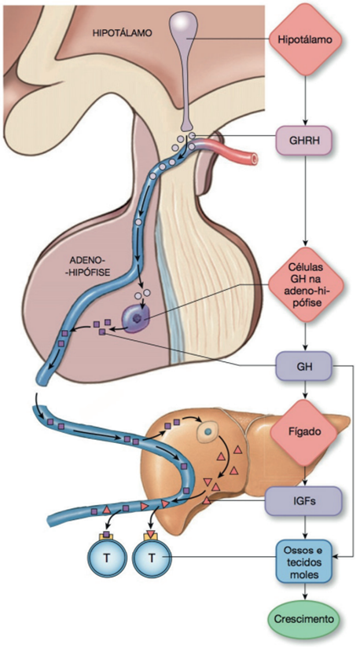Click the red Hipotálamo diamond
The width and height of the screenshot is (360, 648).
point(306,39)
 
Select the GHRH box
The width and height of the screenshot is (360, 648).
point(303,141)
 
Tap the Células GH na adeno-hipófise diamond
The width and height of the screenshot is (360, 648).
point(306,285)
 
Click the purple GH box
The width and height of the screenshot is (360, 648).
point(303,366)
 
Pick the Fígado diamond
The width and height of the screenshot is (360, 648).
point(306,433)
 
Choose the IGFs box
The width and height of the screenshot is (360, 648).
point(303,501)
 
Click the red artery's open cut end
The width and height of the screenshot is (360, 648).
point(254,158)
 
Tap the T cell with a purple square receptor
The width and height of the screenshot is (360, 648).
point(106,557)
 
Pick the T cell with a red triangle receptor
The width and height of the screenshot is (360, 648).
point(151,557)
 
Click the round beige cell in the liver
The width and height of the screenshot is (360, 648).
point(208,431)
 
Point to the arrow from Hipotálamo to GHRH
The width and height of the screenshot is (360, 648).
point(306,101)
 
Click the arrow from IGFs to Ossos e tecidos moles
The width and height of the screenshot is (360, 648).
point(306,528)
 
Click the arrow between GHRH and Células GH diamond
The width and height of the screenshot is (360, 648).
point(306,201)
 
